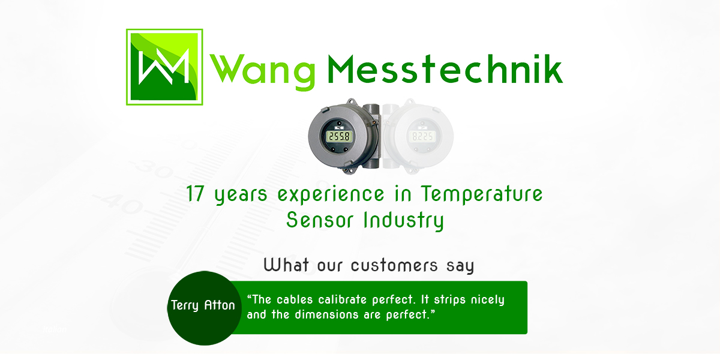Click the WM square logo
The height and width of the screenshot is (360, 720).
(x=163, y=66)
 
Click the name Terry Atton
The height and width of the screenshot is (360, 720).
(x=203, y=305)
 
